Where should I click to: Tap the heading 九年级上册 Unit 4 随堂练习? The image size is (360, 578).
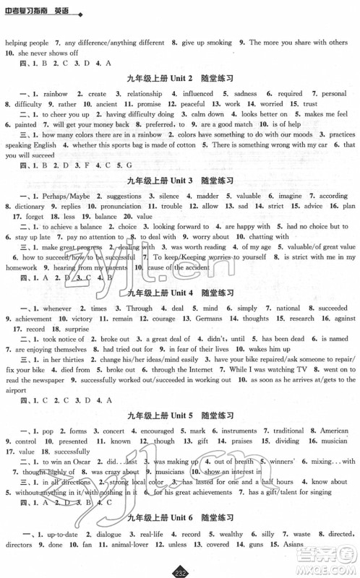(180, 293)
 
